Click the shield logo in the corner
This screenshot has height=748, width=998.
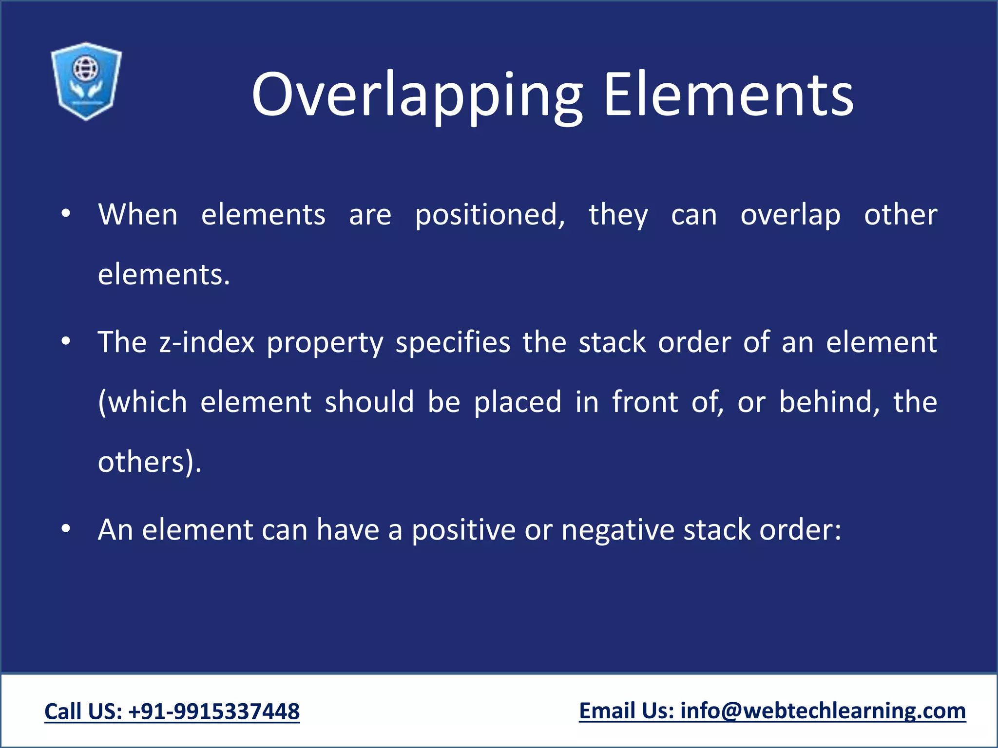(86, 81)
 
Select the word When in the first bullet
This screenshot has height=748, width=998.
(138, 215)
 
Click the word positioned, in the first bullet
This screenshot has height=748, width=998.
(490, 215)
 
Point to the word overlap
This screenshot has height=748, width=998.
(790, 215)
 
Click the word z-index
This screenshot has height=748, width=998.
(207, 342)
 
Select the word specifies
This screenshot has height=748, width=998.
(453, 342)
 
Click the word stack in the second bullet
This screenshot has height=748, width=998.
(612, 342)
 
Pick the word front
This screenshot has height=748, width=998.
(645, 402)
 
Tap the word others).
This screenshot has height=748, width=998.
(149, 462)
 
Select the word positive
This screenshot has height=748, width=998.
(463, 530)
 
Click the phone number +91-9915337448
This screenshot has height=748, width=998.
(214, 711)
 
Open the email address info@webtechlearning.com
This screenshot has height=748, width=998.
(823, 711)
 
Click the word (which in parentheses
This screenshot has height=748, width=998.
(142, 402)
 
